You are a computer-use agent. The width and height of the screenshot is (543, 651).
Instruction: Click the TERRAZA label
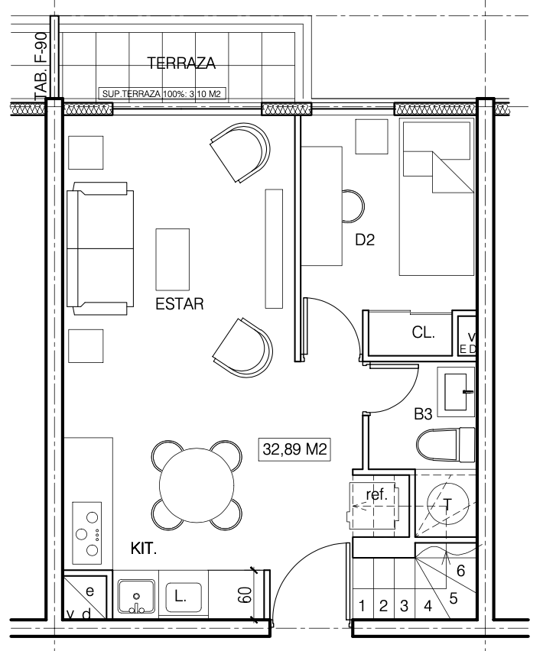(181, 63)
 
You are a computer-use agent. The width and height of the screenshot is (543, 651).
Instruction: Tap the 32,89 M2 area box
(294, 449)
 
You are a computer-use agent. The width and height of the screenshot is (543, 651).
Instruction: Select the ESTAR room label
(180, 304)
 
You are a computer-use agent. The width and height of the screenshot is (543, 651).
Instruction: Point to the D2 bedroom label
(365, 240)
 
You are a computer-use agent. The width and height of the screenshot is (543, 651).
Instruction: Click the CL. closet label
(424, 332)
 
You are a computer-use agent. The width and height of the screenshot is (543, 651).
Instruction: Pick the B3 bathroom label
(423, 414)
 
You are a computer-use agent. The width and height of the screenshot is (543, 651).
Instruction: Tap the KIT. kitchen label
(144, 549)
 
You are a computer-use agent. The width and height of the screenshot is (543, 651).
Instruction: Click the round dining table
(197, 485)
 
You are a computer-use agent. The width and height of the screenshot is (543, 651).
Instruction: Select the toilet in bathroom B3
(445, 444)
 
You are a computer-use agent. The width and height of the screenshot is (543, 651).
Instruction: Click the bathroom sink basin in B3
(456, 391)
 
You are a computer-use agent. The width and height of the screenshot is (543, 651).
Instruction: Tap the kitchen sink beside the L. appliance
(136, 597)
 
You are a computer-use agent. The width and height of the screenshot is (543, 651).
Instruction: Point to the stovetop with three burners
(87, 533)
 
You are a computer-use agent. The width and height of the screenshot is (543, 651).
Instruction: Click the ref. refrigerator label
(376, 494)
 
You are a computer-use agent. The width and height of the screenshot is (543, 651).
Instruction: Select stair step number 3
(404, 606)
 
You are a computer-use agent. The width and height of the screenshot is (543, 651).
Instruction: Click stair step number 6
(460, 571)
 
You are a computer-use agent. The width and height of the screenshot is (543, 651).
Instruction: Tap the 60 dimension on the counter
(245, 595)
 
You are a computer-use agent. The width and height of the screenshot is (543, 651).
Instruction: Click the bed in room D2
(437, 197)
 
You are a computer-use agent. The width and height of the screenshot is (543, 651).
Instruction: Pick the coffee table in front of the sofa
(172, 259)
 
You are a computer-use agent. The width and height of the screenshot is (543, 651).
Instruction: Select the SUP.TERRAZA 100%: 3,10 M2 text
(161, 94)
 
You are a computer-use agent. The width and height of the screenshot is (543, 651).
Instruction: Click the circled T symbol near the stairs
(447, 504)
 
